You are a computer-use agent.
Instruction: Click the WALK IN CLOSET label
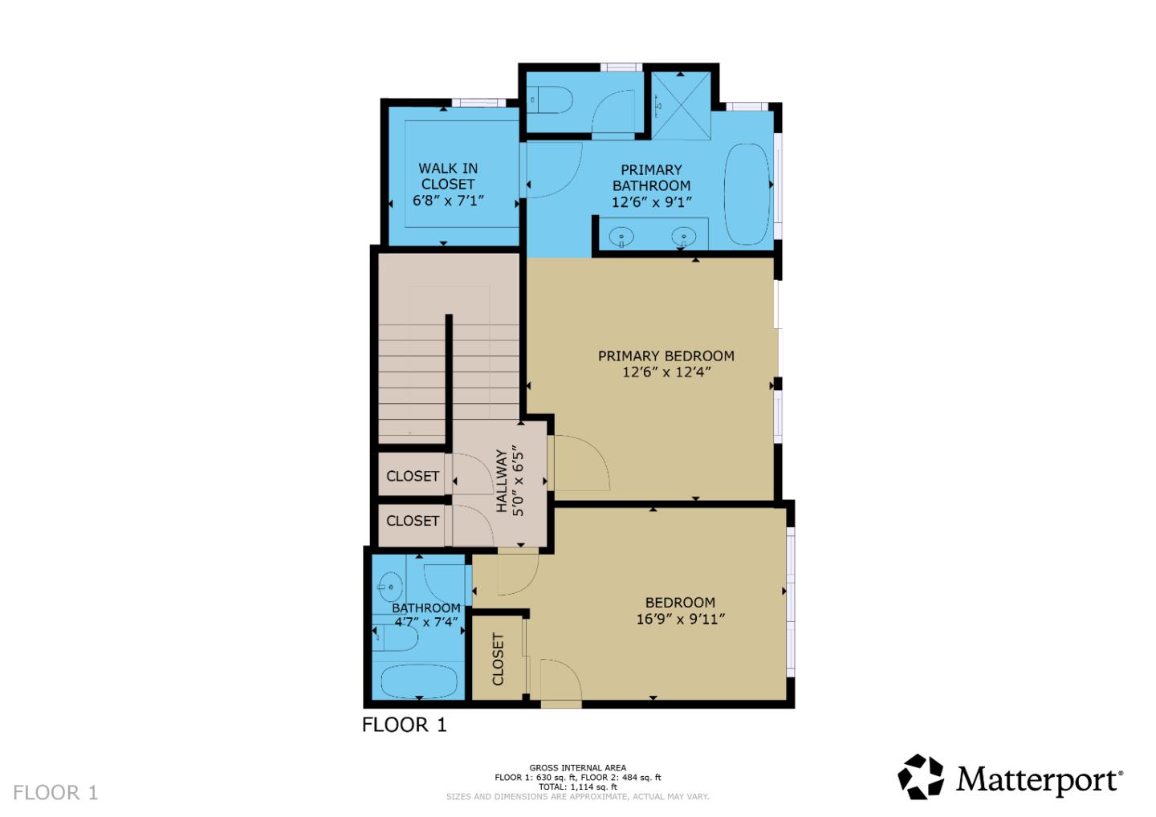click(448, 176)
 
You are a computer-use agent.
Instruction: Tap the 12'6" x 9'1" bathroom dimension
click(651, 201)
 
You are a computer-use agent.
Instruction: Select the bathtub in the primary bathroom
click(747, 194)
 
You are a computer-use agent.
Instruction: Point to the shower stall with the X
click(681, 105)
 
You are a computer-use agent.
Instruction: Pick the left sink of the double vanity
click(621, 237)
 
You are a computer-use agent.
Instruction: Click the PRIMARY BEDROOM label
click(666, 356)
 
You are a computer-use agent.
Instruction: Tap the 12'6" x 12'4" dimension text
click(666, 372)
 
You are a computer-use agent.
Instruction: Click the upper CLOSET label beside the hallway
click(413, 476)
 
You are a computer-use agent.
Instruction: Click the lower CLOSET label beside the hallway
click(413, 521)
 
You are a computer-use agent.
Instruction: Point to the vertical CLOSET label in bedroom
click(498, 659)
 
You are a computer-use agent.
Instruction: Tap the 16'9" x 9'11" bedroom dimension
click(680, 619)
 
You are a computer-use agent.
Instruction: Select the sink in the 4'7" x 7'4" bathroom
click(391, 586)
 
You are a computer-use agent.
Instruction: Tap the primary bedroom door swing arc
click(582, 463)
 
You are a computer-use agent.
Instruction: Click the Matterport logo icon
click(920, 777)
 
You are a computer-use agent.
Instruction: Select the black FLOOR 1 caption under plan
click(404, 725)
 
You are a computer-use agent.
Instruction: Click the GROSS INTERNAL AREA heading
click(577, 768)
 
